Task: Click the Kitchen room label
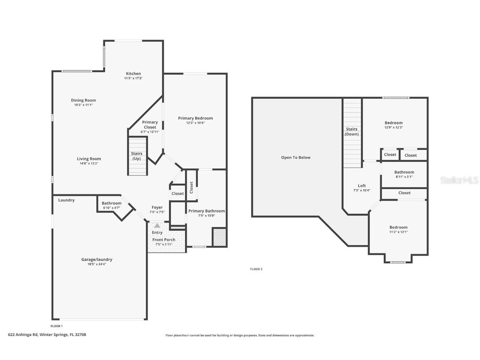click(x=133, y=74)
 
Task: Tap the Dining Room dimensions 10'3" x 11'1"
click(x=83, y=105)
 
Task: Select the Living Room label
click(x=89, y=159)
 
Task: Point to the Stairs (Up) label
click(x=137, y=156)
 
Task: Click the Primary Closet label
click(x=150, y=125)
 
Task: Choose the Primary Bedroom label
click(x=195, y=118)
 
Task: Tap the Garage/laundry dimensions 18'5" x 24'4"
click(x=97, y=264)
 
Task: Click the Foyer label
click(x=157, y=207)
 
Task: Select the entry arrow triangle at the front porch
click(x=157, y=225)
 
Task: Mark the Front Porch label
click(x=164, y=240)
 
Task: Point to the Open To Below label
click(x=296, y=157)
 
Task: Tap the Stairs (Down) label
click(x=352, y=132)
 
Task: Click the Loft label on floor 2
click(x=362, y=186)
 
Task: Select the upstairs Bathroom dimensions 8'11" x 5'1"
click(x=404, y=177)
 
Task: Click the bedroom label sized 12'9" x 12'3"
click(x=393, y=123)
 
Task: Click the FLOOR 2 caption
click(x=256, y=269)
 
